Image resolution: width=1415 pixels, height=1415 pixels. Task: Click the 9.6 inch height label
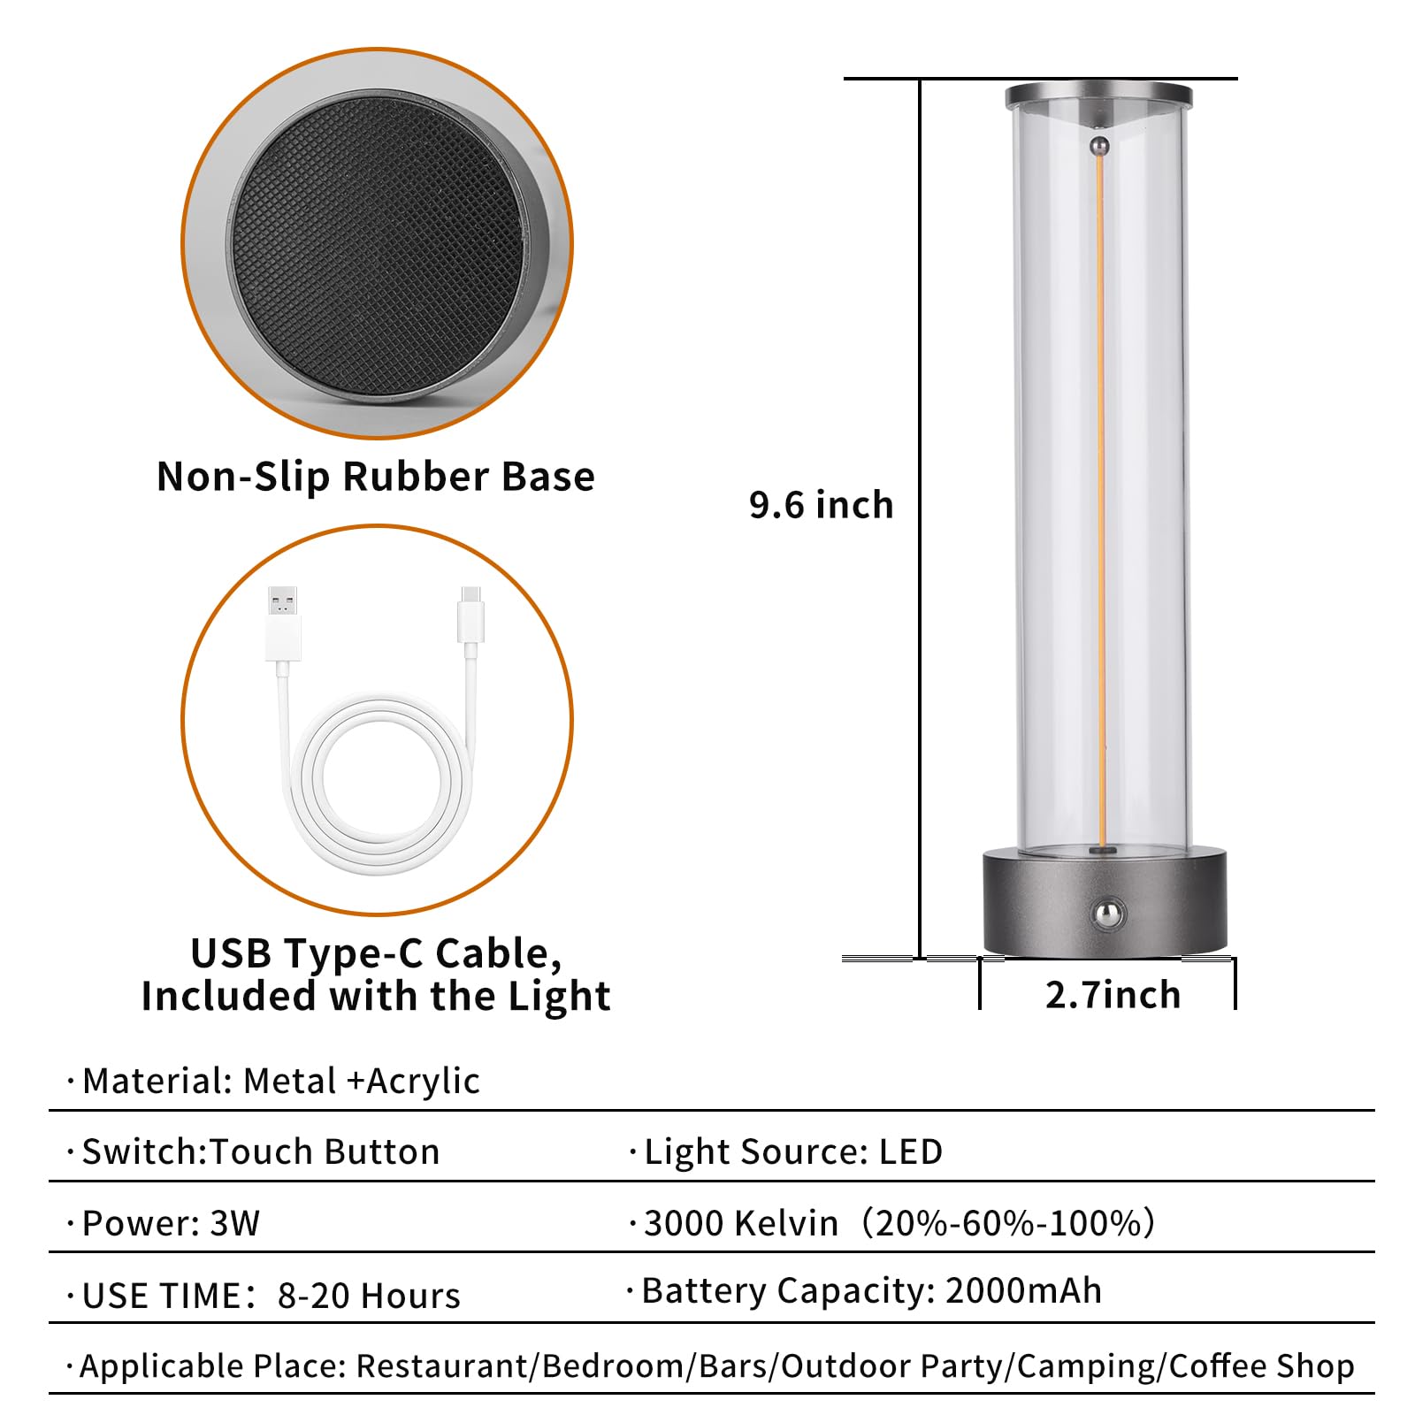tap(821, 505)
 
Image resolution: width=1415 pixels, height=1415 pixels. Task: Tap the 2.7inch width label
tap(1113, 995)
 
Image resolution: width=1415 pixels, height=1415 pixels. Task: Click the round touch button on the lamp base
tap(1106, 912)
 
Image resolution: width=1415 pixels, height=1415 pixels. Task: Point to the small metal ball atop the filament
tap(1099, 145)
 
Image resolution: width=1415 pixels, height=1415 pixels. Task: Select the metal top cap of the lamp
tap(1098, 95)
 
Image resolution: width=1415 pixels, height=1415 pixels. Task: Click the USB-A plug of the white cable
tap(282, 623)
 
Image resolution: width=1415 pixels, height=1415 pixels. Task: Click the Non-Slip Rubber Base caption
tap(376, 476)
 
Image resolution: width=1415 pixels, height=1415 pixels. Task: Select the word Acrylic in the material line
tap(423, 1081)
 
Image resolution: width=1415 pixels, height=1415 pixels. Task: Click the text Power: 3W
tap(171, 1223)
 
